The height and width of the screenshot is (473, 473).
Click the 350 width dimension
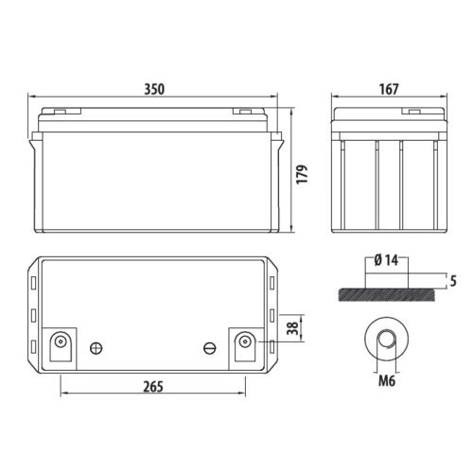(x=155, y=89)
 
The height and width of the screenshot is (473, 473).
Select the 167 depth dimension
(x=388, y=89)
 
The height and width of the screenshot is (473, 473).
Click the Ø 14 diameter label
(x=389, y=258)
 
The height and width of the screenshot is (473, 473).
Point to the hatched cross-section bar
(x=388, y=294)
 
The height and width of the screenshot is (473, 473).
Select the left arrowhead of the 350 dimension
(x=32, y=97)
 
